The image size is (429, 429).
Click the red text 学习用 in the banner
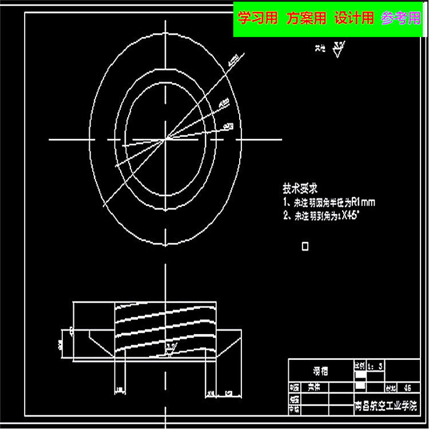coord(257,19)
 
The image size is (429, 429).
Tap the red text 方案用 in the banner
coord(307,19)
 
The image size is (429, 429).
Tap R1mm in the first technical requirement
coord(363,202)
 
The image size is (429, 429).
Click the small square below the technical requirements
coord(305,247)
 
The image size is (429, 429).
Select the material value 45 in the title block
coord(408,387)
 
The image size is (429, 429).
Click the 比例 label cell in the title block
coord(359,366)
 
